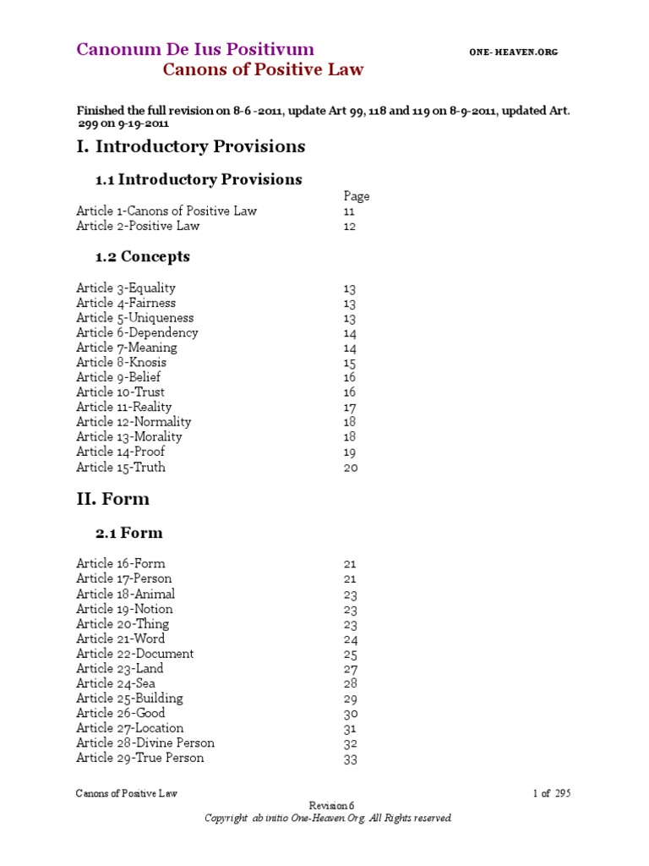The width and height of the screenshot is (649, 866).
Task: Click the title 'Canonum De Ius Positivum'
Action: [195, 49]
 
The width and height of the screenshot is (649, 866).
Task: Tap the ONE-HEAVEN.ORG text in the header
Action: [513, 52]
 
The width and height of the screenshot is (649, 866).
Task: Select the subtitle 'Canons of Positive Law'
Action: [263, 70]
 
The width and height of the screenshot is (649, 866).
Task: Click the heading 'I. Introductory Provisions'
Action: [191, 146]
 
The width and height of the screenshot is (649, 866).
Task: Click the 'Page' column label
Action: [357, 196]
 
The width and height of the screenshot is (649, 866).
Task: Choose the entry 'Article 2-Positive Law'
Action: [138, 227]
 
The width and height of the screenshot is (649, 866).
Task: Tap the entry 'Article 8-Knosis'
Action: [121, 362]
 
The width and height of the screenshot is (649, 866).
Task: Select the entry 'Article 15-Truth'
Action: [121, 467]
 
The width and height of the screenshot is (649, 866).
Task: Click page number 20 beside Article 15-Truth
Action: [351, 468]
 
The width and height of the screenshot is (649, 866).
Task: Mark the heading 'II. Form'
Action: [112, 499]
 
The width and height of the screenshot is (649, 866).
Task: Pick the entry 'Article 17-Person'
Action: [123, 578]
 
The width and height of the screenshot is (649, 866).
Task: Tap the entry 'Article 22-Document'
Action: [134, 654]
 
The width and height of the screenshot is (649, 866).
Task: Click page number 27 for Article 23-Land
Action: [351, 669]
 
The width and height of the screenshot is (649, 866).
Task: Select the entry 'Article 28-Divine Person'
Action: [145, 743]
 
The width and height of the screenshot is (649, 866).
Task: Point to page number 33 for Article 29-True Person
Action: [351, 759]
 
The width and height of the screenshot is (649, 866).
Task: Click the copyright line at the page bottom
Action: [330, 819]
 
